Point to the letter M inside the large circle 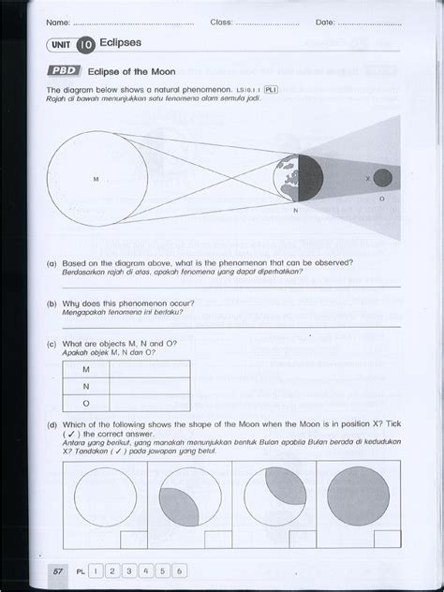point(96,178)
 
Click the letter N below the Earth point(295,210)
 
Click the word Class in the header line point(221,21)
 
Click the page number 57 point(58,570)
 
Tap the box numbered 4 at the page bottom point(144,570)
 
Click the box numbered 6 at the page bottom point(178,570)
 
